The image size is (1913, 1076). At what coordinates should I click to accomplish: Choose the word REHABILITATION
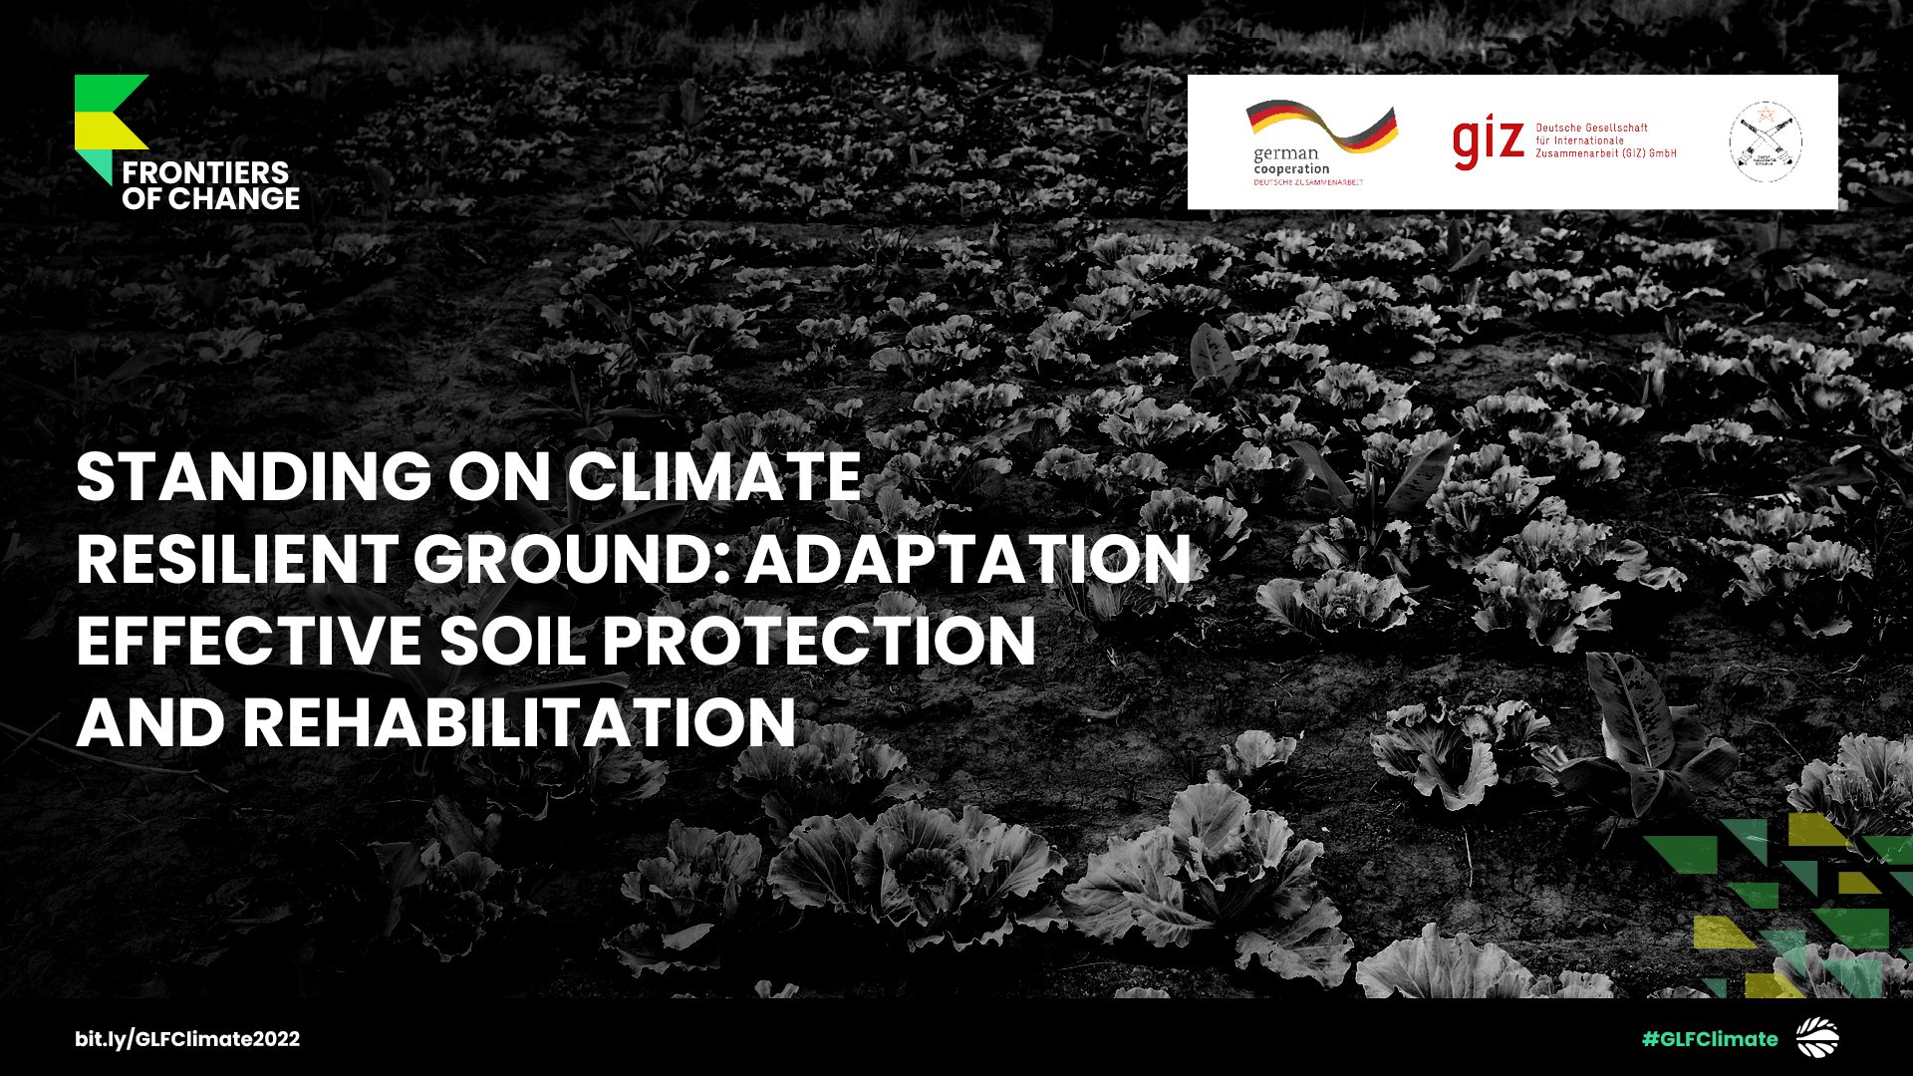(519, 722)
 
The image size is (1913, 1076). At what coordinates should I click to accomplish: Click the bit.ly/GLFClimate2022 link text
(187, 1039)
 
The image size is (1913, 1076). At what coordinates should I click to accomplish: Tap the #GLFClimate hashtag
(1710, 1039)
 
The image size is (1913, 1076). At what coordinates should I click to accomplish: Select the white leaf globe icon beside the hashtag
(1817, 1038)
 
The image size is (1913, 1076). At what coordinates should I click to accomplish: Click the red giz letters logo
(1488, 143)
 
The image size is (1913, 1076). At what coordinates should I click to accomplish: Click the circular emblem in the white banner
(1765, 142)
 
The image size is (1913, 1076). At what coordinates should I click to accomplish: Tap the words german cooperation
(1290, 161)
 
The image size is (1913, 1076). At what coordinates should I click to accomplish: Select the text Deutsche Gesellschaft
(1591, 128)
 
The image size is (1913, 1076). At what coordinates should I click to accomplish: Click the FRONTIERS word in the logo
(205, 173)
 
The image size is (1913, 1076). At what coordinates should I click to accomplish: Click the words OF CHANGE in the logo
(210, 199)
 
